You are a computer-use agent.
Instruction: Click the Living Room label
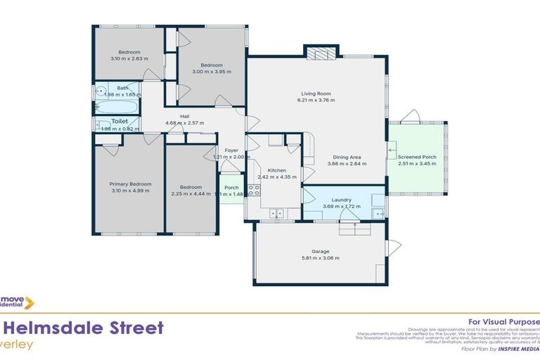(316, 94)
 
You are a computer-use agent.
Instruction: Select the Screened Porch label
(416, 156)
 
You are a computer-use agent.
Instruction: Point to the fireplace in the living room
(321, 53)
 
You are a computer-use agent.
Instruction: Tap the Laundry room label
(341, 200)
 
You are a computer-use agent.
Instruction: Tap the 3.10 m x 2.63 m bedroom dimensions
(129, 59)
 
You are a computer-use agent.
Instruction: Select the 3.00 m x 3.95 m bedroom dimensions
(211, 72)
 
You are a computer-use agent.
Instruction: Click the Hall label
(184, 117)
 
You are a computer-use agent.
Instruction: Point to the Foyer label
(231, 150)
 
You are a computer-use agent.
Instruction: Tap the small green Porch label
(231, 188)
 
